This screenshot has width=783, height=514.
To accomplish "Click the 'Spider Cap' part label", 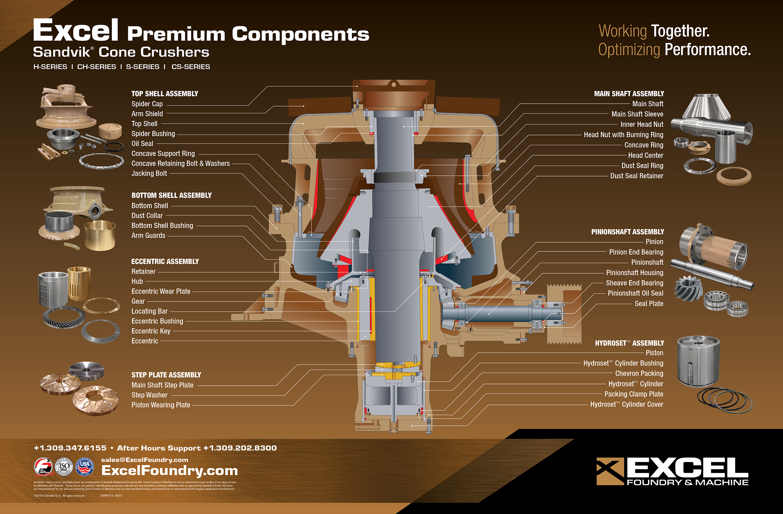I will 147,104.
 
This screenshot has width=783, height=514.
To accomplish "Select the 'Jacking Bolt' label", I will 149,173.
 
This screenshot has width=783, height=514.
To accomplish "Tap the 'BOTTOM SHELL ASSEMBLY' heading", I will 171,196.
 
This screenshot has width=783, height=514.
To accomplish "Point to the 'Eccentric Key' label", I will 151,331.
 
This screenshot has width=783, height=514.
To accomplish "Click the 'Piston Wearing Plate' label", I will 161,405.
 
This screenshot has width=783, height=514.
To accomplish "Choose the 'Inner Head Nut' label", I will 642,125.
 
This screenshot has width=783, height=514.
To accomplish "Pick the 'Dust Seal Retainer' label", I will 636,176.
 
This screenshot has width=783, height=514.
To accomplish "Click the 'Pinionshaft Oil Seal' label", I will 635,294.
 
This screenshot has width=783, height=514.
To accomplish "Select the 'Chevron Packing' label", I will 639,374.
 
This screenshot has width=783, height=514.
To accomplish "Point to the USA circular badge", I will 85,467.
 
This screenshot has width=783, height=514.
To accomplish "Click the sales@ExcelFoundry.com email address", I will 145,460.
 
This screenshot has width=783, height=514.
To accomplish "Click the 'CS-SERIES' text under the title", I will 191,67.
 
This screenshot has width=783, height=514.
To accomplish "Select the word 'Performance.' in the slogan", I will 707,50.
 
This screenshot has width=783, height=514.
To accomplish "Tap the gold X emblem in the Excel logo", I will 610,471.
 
